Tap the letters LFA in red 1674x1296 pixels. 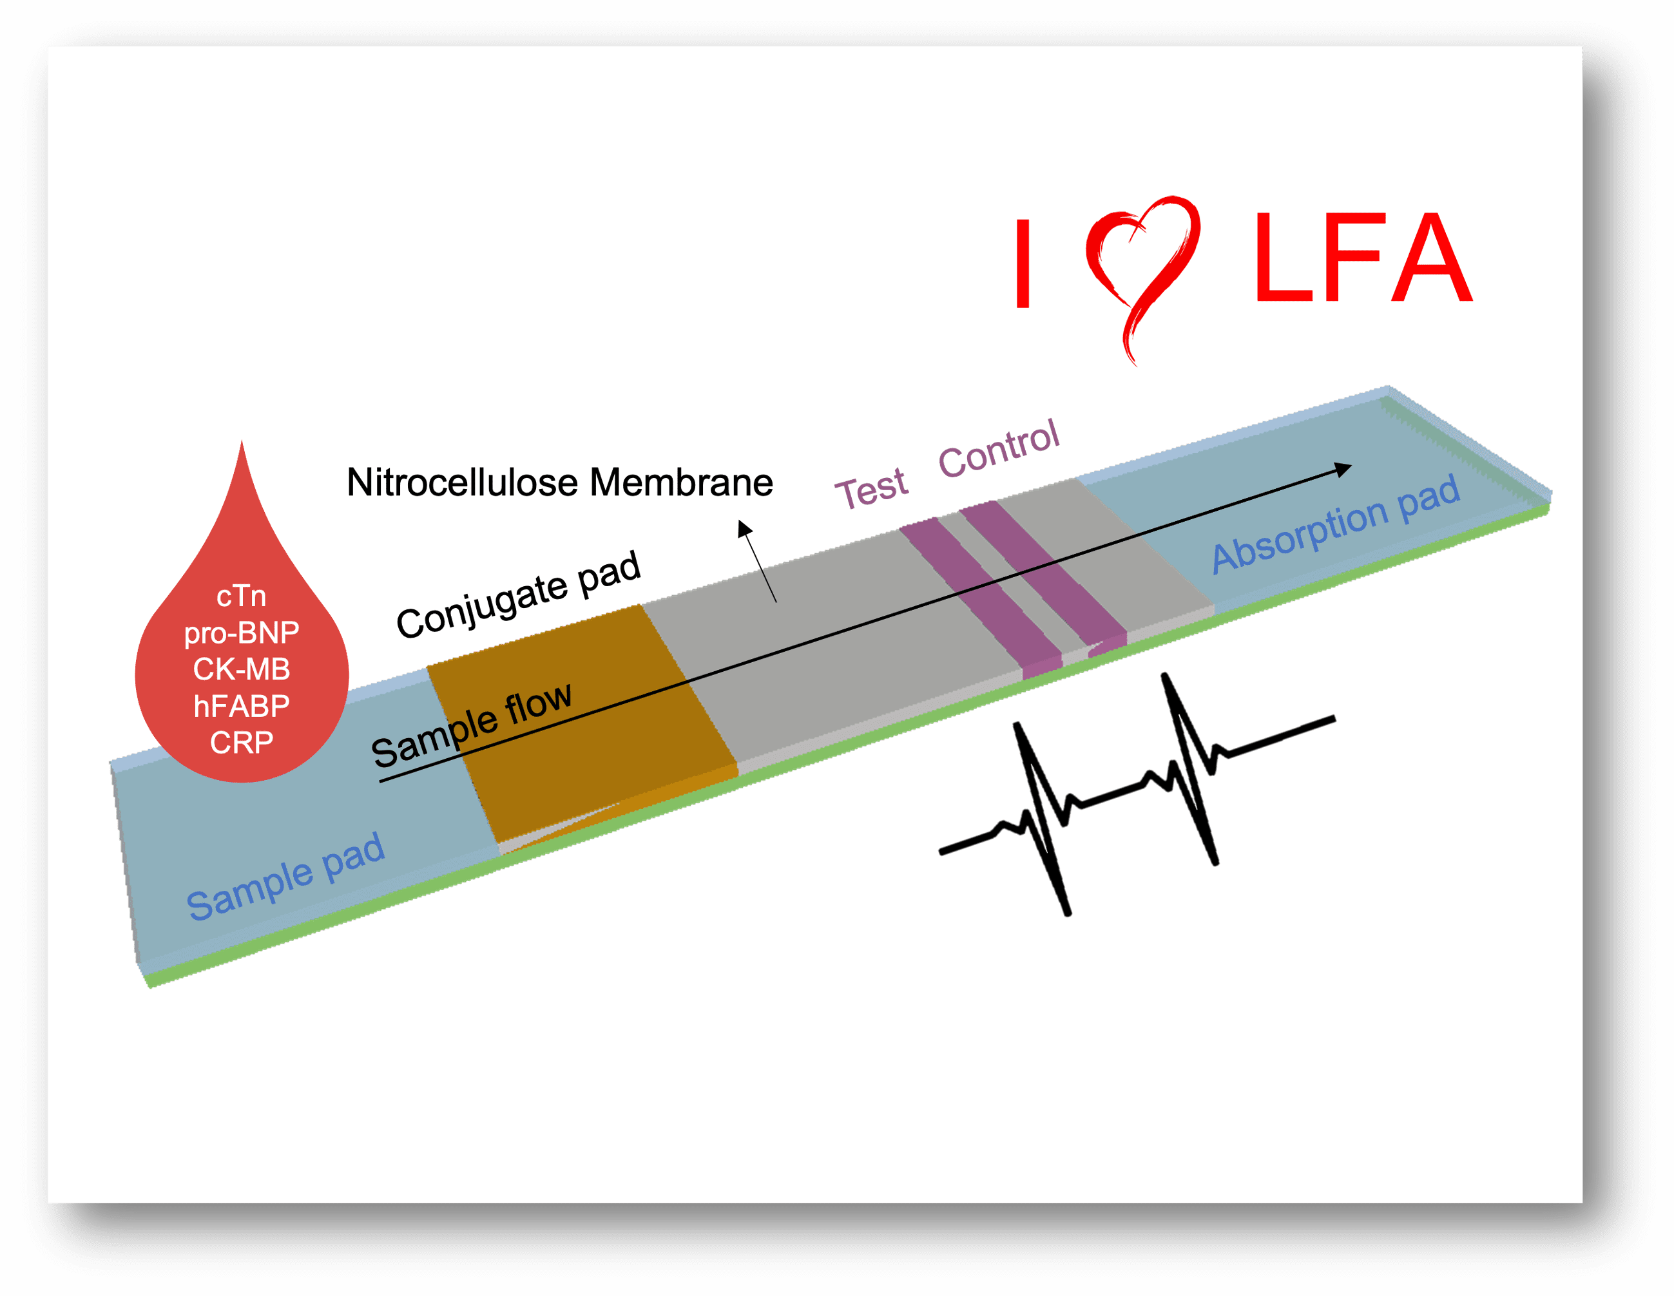pos(1362,258)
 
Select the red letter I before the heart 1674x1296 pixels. pos(1023,263)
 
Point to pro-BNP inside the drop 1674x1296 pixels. pos(242,633)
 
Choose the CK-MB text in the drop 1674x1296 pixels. pos(242,669)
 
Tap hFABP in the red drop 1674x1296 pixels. pos(242,706)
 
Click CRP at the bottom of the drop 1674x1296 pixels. pos(242,743)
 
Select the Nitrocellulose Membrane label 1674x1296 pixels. pos(559,483)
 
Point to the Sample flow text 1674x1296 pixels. pos(472,724)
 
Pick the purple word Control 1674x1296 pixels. pos(999,450)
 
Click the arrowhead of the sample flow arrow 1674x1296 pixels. pos(1343,469)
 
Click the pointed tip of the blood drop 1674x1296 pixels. pos(242,444)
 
